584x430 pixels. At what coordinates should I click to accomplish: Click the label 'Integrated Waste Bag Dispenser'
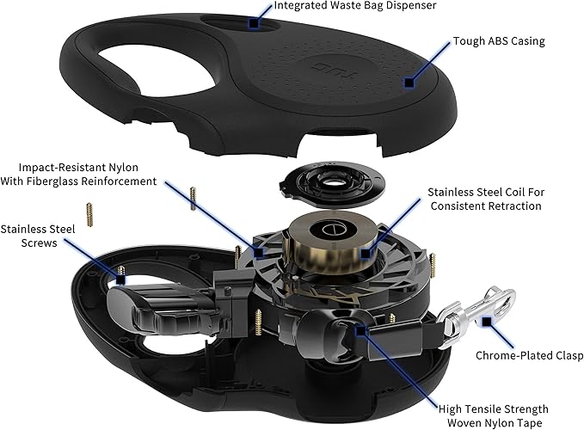(x=353, y=6)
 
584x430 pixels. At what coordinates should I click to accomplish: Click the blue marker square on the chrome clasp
(x=486, y=322)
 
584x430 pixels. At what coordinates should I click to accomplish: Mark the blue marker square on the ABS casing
(x=409, y=82)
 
